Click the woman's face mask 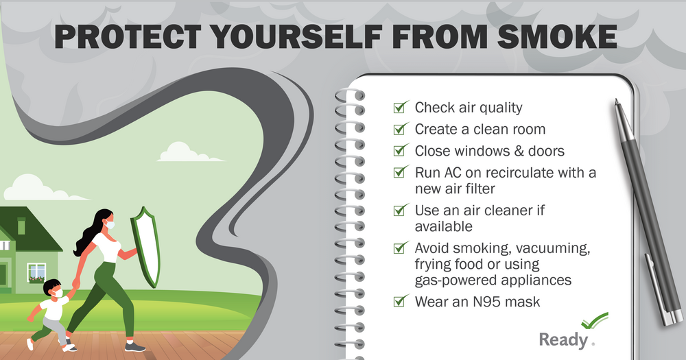[110, 224]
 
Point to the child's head [52, 288]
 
